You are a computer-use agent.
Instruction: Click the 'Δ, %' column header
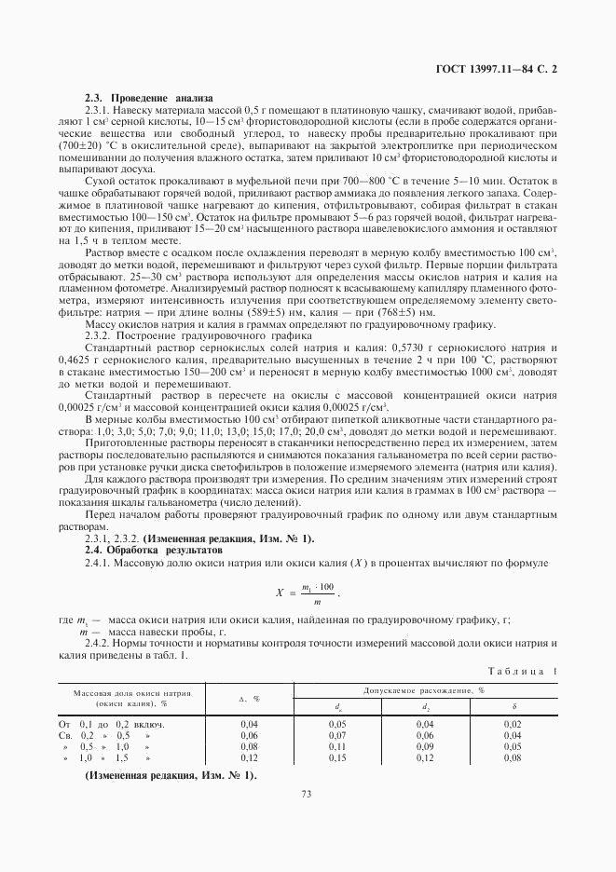coord(249,698)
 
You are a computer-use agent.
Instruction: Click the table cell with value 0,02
coord(513,723)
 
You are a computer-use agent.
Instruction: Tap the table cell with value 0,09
coord(424,746)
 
